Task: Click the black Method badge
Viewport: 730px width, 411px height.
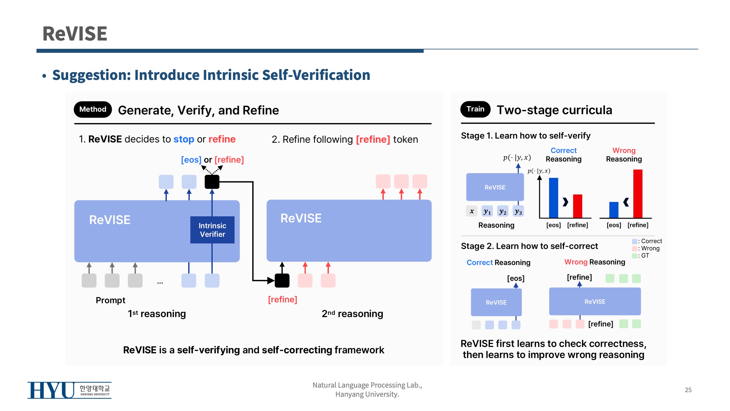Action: tap(93, 109)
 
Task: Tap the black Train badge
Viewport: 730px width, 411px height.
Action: tap(475, 109)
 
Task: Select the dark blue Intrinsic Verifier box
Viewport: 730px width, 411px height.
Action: tap(212, 230)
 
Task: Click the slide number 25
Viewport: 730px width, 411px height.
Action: tap(688, 390)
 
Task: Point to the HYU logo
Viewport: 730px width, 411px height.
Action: tap(69, 390)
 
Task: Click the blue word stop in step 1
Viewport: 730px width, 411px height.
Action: tap(184, 139)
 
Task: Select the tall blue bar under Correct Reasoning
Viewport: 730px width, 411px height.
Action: tap(553, 198)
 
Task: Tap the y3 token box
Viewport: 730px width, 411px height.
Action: tap(518, 211)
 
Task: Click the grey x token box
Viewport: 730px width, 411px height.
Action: tap(472, 211)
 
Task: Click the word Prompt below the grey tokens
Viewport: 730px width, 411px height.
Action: tap(110, 300)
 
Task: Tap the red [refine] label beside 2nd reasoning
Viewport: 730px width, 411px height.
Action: tap(282, 299)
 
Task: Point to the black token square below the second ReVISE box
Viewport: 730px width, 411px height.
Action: tap(282, 281)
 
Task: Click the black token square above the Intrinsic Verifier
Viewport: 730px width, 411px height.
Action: tap(212, 182)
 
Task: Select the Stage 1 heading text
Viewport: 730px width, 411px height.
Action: tap(525, 136)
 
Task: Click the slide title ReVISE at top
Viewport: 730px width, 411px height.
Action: tap(75, 34)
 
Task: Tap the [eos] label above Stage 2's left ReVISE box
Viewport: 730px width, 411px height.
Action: tap(516, 278)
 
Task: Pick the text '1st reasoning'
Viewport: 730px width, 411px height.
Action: tap(157, 314)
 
